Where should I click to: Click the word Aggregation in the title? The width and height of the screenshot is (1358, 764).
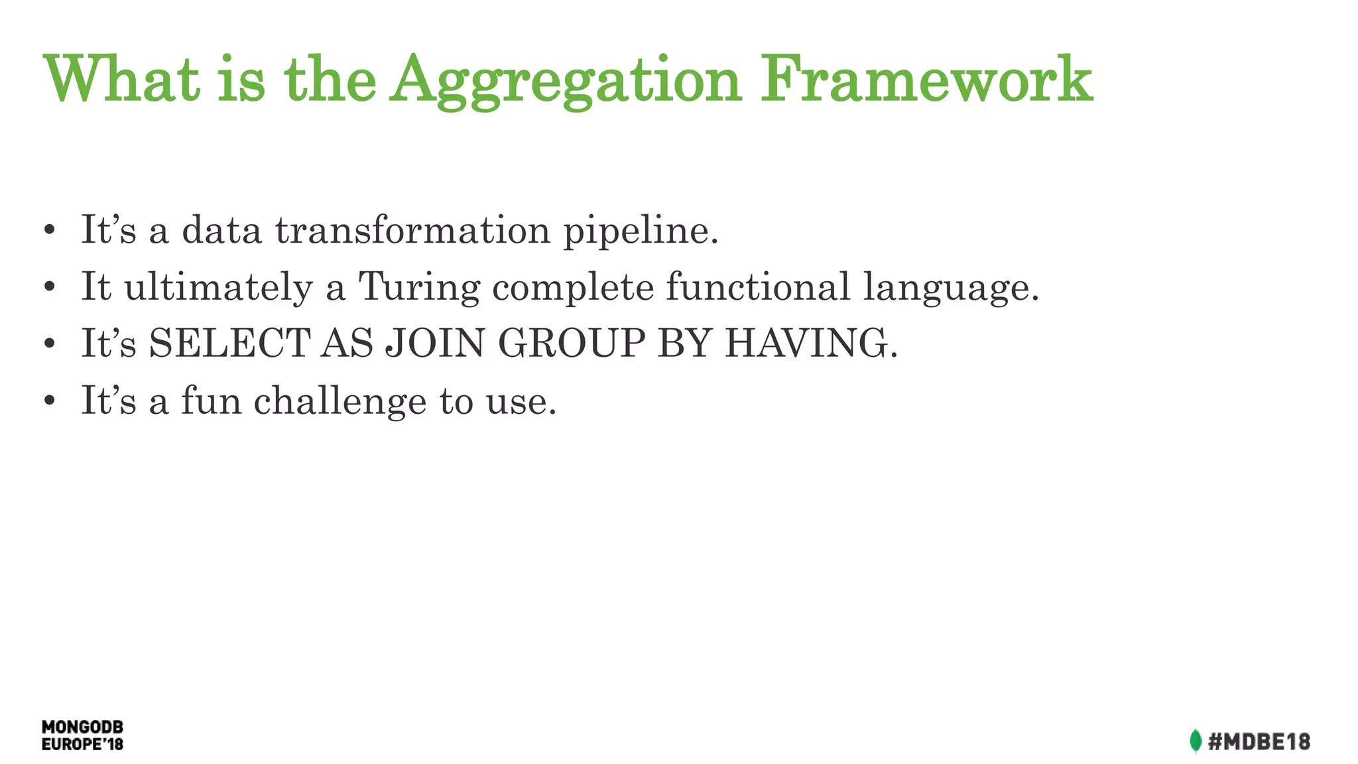[565, 81]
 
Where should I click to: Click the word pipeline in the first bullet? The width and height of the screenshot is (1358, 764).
[641, 231]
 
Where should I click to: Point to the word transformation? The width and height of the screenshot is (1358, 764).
[412, 230]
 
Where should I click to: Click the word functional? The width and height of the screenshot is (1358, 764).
[757, 286]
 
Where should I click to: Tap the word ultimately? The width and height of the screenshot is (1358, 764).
[218, 288]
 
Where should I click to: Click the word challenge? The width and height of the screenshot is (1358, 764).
[339, 401]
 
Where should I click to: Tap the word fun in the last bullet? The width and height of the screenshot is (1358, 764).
[212, 401]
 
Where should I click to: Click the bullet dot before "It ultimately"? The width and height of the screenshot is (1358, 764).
[49, 288]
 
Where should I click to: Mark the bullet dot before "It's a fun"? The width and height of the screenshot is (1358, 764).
[49, 401]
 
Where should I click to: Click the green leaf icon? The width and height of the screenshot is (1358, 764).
[1195, 741]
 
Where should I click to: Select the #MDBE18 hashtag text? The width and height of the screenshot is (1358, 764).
[1259, 741]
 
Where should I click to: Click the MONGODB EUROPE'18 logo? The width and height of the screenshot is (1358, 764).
[82, 735]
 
